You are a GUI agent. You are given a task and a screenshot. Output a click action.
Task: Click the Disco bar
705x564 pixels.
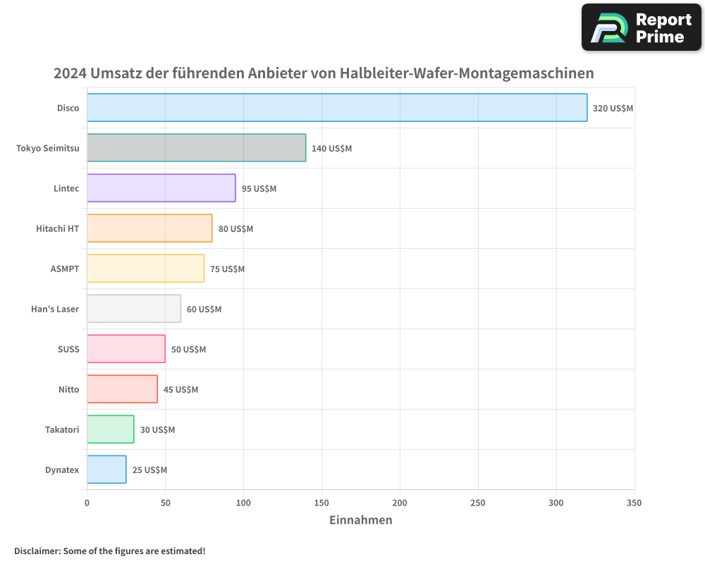coord(337,108)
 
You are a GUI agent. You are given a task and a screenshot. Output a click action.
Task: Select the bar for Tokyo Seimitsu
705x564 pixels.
coord(196,148)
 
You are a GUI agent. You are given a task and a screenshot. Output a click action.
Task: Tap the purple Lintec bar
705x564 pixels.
coord(161,188)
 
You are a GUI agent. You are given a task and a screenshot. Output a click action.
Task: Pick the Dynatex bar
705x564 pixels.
coord(106,470)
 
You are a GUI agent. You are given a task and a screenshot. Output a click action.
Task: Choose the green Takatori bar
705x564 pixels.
coord(110,429)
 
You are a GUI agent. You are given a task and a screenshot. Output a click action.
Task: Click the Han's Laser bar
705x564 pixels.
coord(134,309)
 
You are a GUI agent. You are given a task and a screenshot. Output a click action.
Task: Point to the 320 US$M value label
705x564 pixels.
coord(613,109)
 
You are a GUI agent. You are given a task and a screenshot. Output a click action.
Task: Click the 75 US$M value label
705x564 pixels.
coord(227,269)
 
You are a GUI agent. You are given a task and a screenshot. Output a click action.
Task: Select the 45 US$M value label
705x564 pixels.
coord(180,390)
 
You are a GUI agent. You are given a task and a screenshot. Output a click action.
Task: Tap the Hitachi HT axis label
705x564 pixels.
coord(57,228)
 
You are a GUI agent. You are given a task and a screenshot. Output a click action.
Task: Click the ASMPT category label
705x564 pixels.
coord(65,269)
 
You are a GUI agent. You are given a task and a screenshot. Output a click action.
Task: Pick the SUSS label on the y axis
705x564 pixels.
coord(68,349)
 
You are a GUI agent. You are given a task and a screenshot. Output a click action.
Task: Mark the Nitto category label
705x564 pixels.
coord(69,389)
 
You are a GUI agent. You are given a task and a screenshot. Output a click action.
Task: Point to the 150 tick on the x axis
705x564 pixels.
coord(321,503)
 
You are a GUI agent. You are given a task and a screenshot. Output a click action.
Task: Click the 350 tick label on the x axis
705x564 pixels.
coord(634,503)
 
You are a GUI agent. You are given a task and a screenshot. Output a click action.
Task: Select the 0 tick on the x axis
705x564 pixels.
coord(87,503)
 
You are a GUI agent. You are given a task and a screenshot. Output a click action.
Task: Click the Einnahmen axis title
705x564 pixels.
coord(360,520)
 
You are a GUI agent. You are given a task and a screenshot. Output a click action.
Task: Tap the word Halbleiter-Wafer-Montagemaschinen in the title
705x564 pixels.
coord(467,73)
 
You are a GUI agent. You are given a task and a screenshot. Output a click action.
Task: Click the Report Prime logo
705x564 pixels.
coord(642,27)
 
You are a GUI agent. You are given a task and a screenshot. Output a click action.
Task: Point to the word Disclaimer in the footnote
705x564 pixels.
coord(36,551)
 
